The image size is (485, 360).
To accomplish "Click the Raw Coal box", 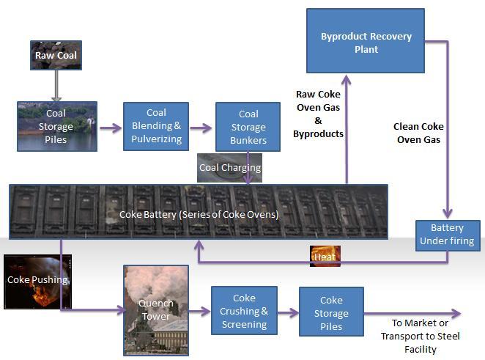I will [x=56, y=56].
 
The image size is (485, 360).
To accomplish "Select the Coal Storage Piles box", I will [x=56, y=126].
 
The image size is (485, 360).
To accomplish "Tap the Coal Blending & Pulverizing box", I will [x=156, y=126].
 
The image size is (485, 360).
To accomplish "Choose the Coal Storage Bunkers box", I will [x=248, y=126].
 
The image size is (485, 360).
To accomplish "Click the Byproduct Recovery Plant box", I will [x=365, y=41].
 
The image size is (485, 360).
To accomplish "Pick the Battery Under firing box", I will [x=447, y=235].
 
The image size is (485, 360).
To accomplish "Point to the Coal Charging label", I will [x=230, y=167].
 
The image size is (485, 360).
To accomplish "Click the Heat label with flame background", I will [x=325, y=256].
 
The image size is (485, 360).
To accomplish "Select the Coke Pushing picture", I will [x=38, y=280].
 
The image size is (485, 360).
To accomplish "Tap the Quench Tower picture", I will [x=155, y=309].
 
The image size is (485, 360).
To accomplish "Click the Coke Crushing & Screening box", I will [x=243, y=312].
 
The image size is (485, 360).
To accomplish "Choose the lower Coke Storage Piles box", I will [x=331, y=312].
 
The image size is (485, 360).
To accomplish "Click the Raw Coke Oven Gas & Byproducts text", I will [x=319, y=114].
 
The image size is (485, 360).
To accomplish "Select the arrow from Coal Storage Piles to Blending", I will [x=110, y=128].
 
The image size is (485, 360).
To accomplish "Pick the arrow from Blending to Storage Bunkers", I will [x=201, y=128].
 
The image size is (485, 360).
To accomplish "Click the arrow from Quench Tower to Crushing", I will [x=199, y=312].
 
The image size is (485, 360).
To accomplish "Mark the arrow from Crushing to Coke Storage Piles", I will [x=287, y=312].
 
